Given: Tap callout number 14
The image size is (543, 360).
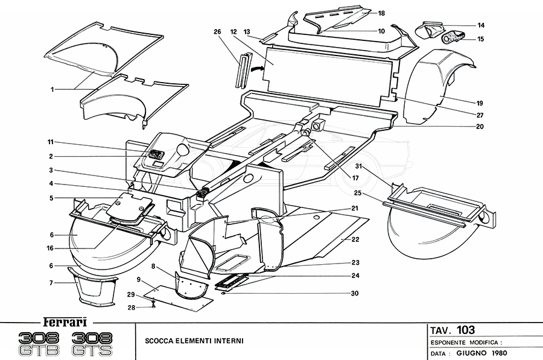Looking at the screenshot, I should point(481,25).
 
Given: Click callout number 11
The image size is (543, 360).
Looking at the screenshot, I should point(52,142).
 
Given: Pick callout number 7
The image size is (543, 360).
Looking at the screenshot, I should point(52,282).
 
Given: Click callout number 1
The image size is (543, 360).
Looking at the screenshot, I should point(52,89).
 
